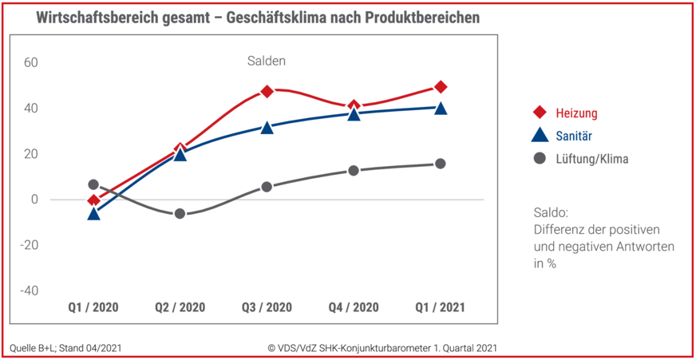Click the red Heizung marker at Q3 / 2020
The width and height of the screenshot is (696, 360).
coord(267,91)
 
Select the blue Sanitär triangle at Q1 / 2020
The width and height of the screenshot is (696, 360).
coord(93,213)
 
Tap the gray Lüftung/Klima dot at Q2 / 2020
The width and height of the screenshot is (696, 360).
coord(180,213)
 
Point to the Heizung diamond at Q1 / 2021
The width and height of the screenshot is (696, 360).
coord(440,86)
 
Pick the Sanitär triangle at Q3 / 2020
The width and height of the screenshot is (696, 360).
coord(267,127)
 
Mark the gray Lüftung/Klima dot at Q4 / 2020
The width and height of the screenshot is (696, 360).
coord(354,170)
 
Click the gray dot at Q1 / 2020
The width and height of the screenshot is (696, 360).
coord(93,184)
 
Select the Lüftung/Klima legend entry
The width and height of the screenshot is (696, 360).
coord(592,159)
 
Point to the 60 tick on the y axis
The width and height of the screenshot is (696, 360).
coord(31,62)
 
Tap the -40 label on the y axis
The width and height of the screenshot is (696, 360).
coord(29,291)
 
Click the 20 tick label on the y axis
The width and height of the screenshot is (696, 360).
coord(31,153)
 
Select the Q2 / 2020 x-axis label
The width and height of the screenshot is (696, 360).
coord(180,307)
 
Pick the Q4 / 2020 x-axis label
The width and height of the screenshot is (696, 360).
coord(354,307)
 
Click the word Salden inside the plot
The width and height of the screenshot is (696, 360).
coord(266,61)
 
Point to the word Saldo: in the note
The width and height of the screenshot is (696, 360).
coord(551,213)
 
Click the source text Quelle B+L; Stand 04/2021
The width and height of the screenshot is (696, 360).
coord(66,347)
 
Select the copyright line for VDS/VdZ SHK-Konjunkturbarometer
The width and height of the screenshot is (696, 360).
coord(382,347)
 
